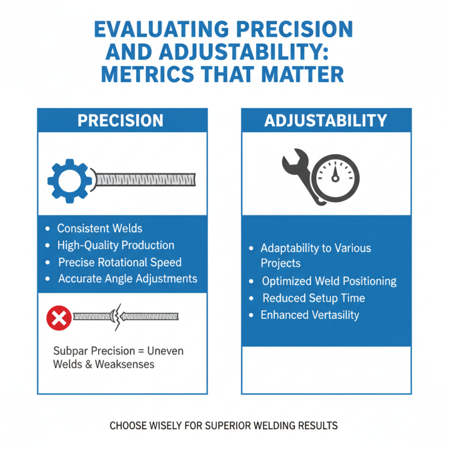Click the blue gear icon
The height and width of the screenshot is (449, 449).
[x=70, y=181]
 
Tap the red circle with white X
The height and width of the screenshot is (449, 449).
[x=59, y=318]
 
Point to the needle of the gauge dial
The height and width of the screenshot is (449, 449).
[x=335, y=173]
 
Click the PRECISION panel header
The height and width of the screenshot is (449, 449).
[x=122, y=120]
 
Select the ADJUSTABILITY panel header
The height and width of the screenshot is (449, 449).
[x=326, y=120]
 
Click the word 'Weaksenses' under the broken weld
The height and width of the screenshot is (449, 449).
[x=125, y=364]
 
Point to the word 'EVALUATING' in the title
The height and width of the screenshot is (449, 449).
[x=161, y=29]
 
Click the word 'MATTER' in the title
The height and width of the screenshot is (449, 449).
[x=303, y=74]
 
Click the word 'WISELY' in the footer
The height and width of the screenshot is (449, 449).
[x=165, y=426]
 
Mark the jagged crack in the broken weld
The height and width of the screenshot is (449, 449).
[x=117, y=317]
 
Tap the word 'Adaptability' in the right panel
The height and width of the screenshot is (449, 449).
[x=289, y=248]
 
